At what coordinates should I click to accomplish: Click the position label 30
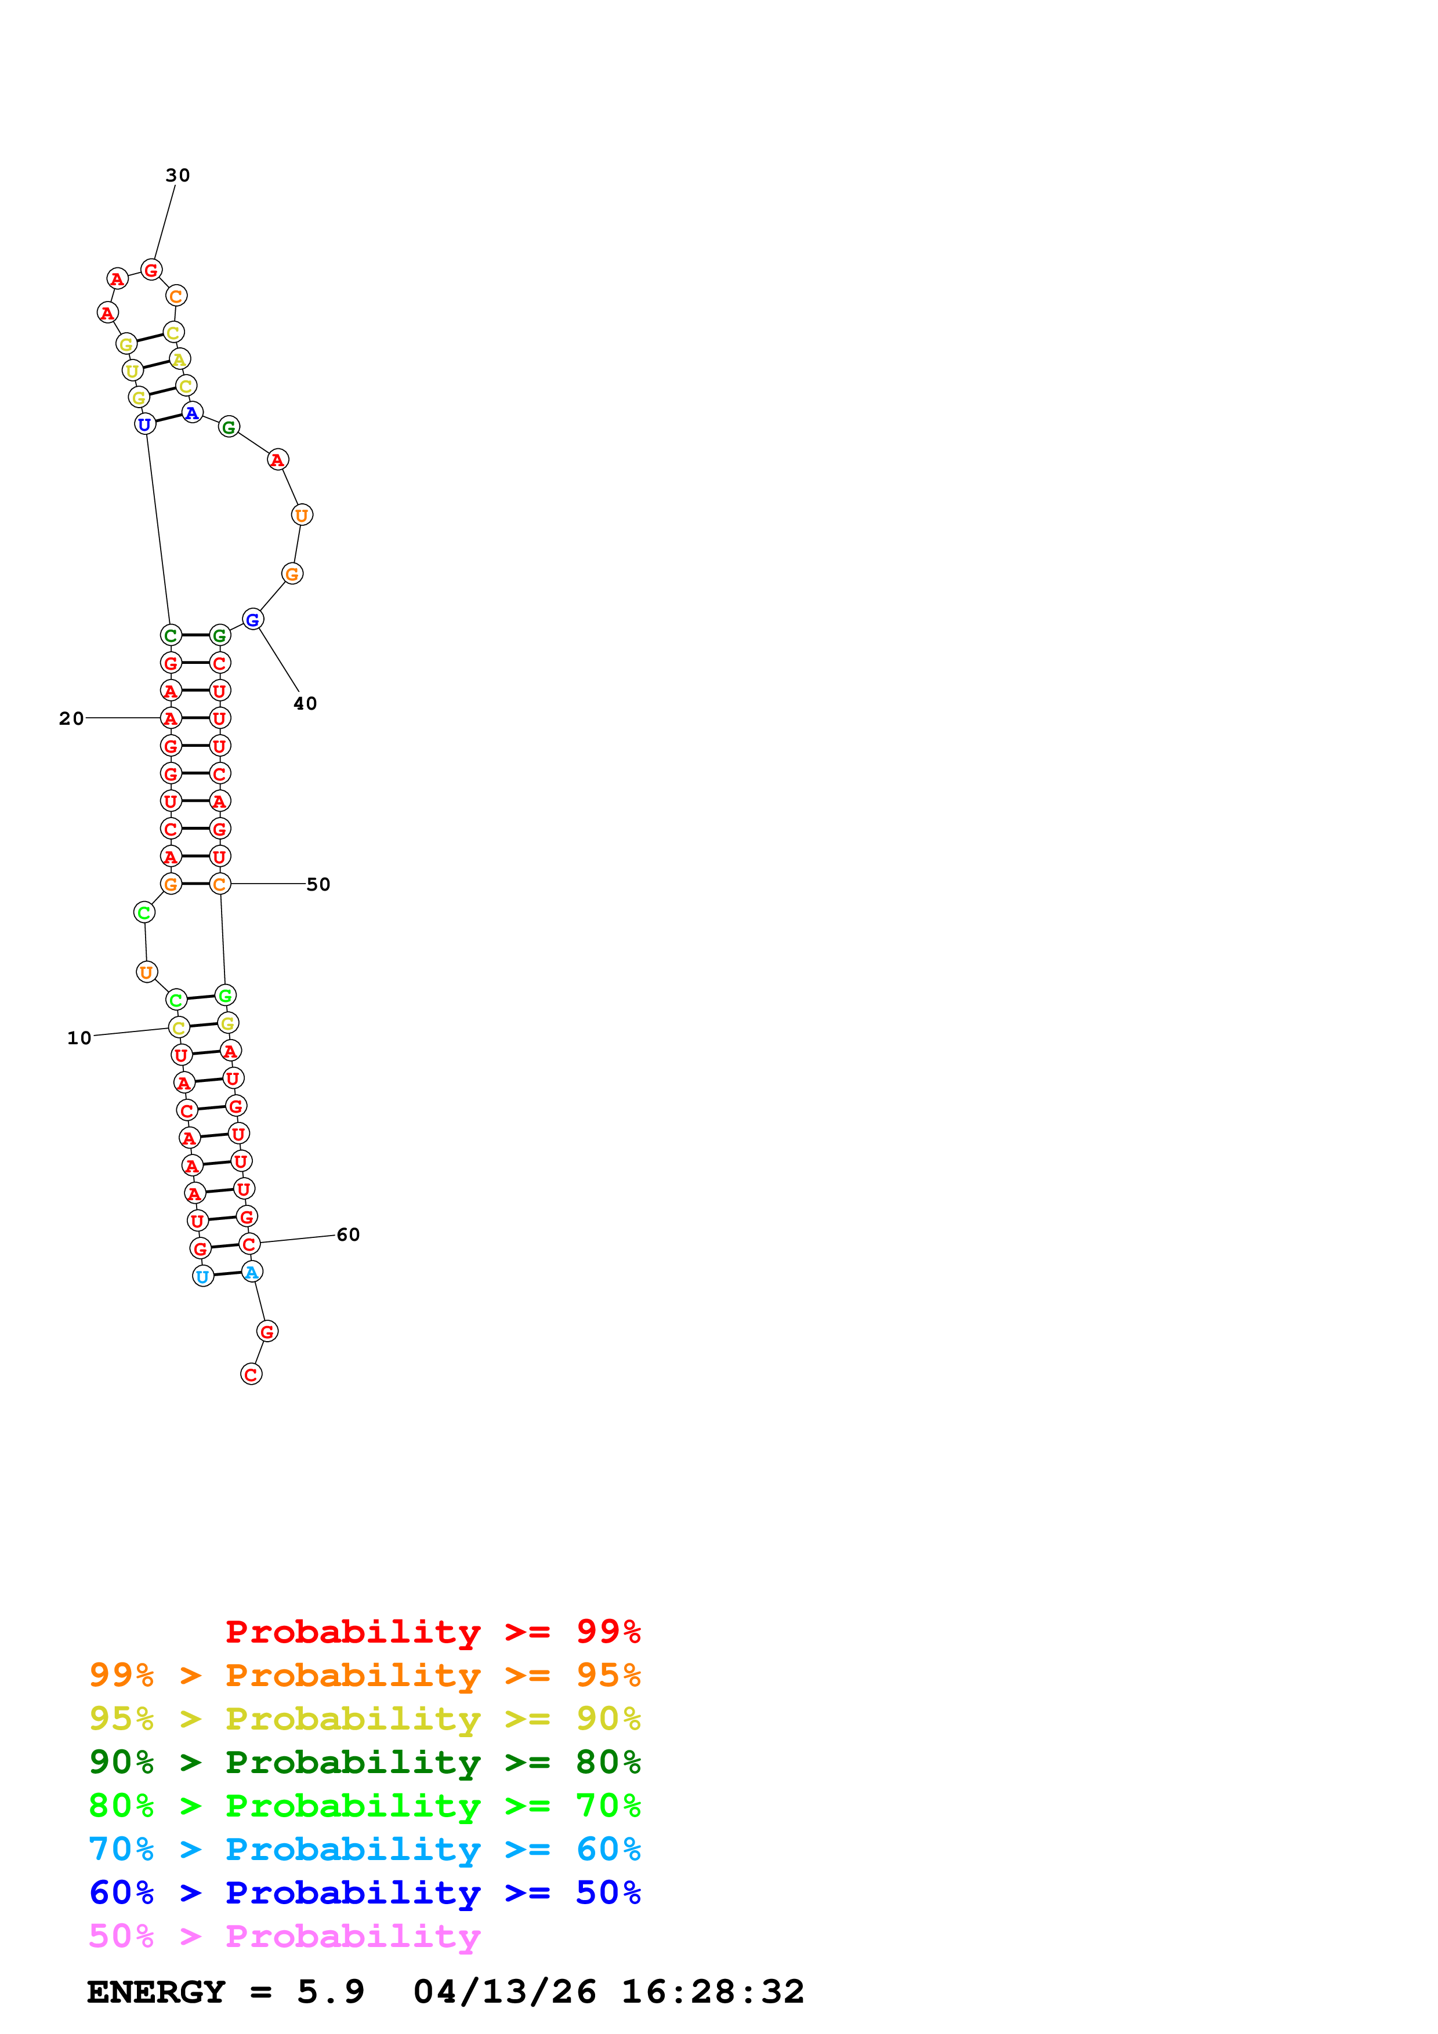(177, 176)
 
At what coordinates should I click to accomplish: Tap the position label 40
(305, 703)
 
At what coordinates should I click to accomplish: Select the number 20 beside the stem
(71, 718)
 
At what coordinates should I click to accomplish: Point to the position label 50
(318, 884)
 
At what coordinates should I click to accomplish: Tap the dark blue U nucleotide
(144, 424)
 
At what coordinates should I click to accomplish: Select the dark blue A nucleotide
(192, 413)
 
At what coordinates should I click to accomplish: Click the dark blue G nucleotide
(252, 620)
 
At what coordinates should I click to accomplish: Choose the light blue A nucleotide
(252, 1272)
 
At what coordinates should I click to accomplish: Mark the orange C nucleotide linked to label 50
(220, 884)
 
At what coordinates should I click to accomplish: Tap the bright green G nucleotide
(225, 996)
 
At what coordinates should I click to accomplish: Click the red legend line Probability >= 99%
(432, 1631)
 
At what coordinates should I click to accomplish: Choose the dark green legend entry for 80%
(364, 1762)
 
